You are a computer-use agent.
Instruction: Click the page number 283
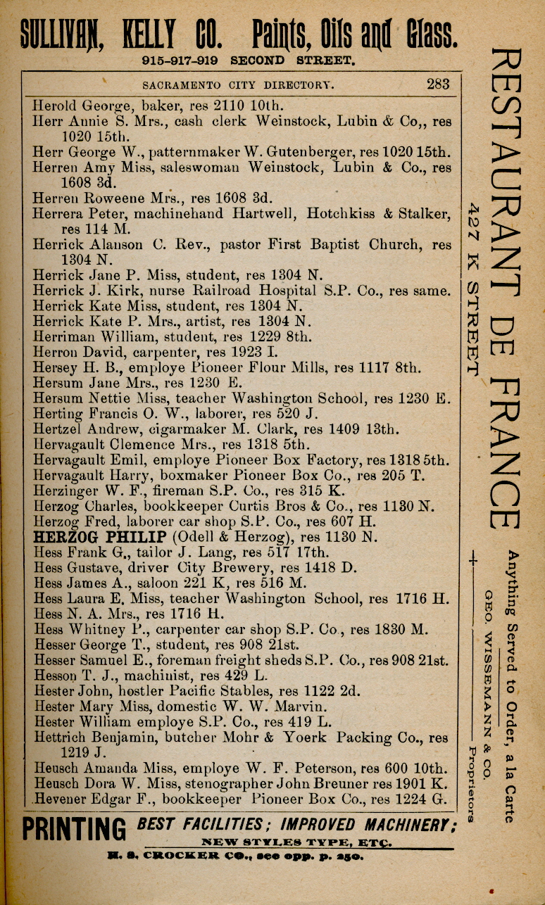point(437,84)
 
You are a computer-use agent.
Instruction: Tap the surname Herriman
point(63,336)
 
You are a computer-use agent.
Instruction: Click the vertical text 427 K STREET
point(474,289)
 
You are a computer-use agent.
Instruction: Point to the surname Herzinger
point(63,490)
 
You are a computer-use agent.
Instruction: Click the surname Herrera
point(58,213)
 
